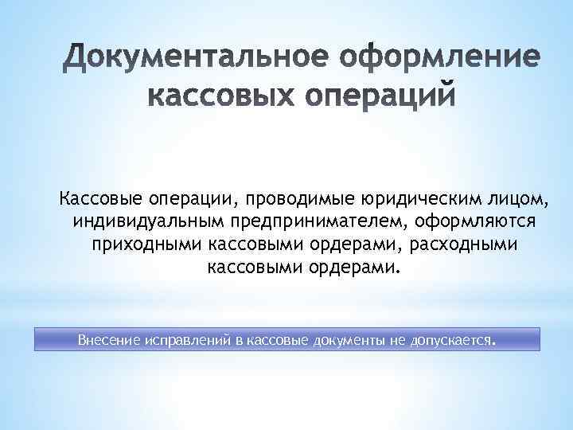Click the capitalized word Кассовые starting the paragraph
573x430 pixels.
tap(97, 196)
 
